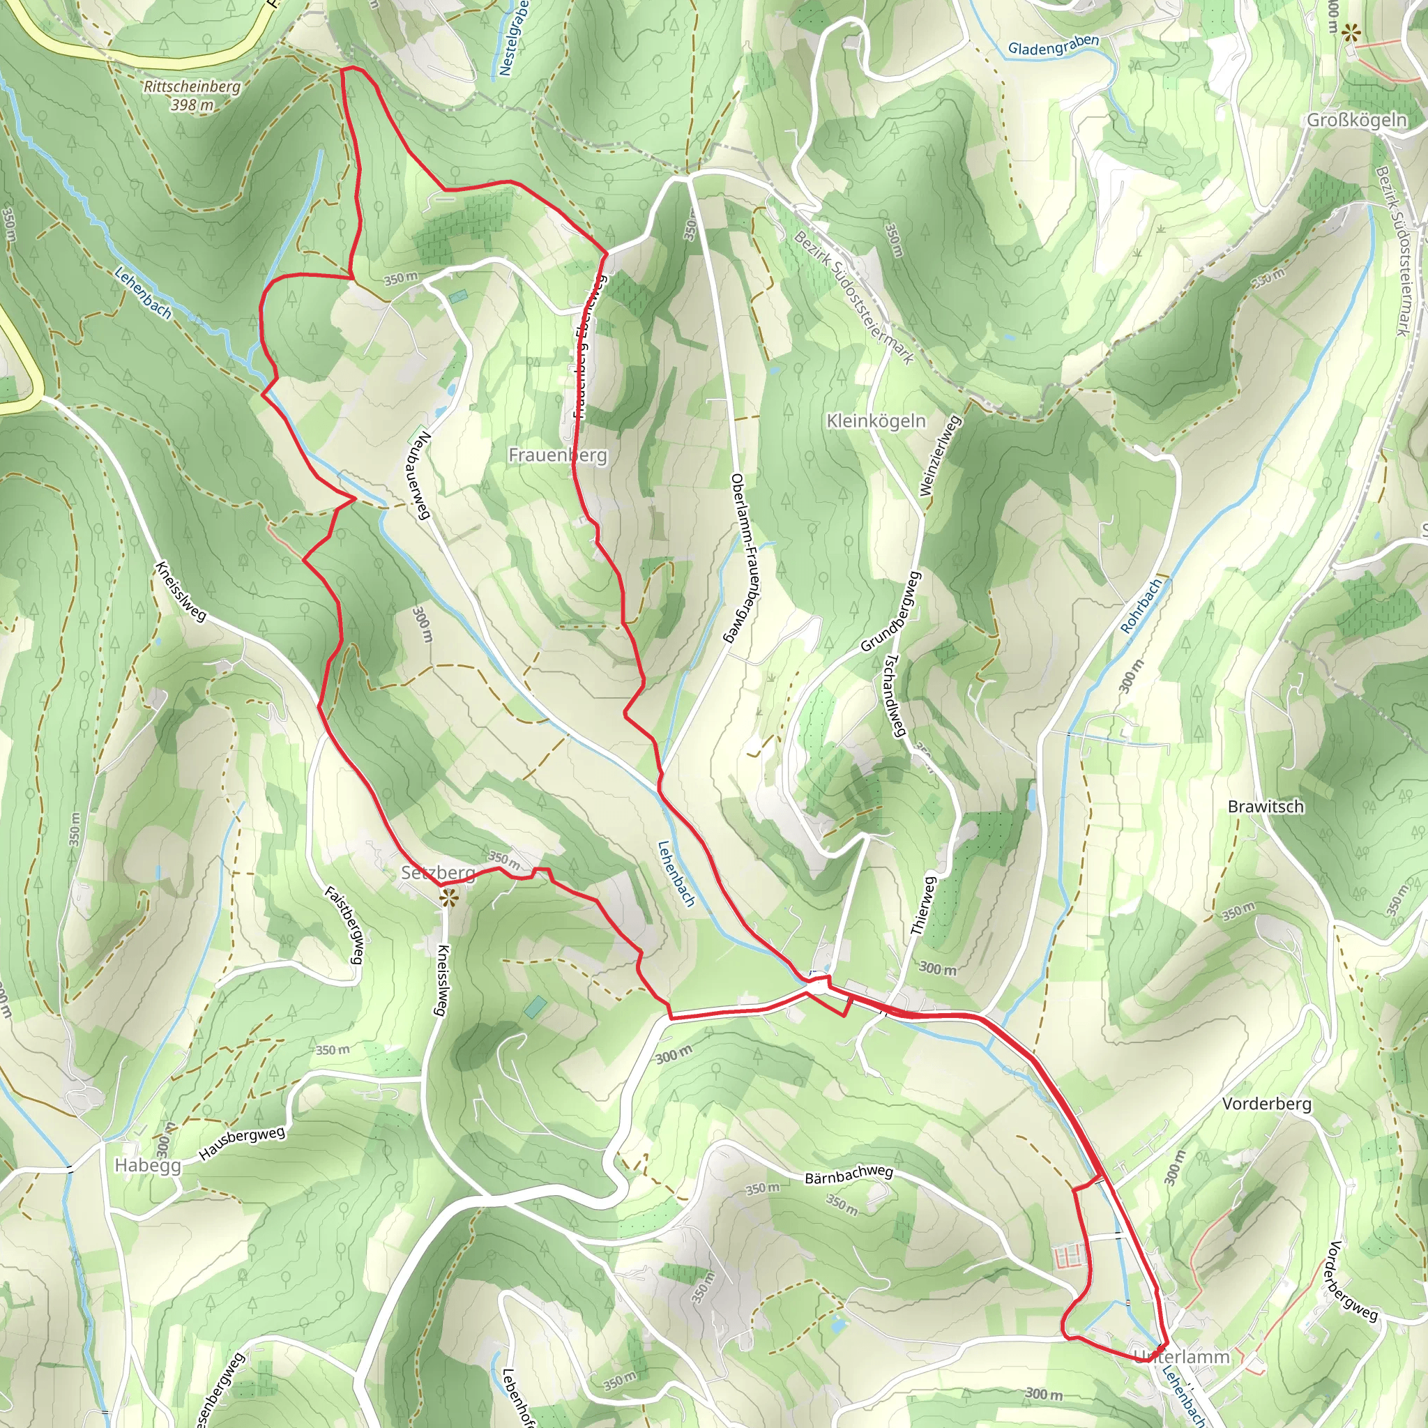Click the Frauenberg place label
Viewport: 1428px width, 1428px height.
pyautogui.click(x=557, y=455)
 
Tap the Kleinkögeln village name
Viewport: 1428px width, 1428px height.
pyautogui.click(x=876, y=421)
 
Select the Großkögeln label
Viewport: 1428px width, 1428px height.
pyautogui.click(x=1356, y=120)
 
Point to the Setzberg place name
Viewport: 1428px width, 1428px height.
pyautogui.click(x=438, y=873)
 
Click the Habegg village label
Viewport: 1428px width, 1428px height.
pyautogui.click(x=148, y=1166)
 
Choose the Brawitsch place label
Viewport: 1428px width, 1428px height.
pyautogui.click(x=1266, y=807)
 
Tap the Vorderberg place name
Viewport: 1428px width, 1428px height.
pyautogui.click(x=1267, y=1104)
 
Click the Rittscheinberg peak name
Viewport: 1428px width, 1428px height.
pyautogui.click(x=192, y=86)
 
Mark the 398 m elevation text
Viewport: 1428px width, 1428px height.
pyautogui.click(x=192, y=105)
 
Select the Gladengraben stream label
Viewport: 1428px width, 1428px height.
pyautogui.click(x=1054, y=46)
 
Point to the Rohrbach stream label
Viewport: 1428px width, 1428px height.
pyautogui.click(x=1142, y=605)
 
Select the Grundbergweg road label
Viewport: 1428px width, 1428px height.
pyautogui.click(x=890, y=612)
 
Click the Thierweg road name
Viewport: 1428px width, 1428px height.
pyautogui.click(x=925, y=906)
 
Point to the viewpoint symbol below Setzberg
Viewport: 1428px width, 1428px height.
pyautogui.click(x=446, y=899)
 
